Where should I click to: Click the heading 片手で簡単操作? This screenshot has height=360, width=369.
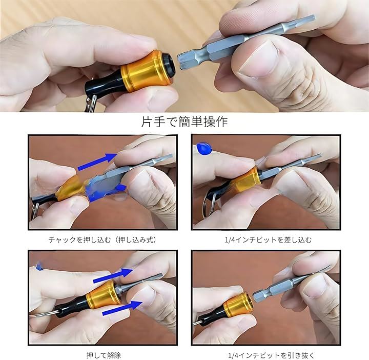[184, 122]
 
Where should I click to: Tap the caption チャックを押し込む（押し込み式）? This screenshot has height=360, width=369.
[102, 240]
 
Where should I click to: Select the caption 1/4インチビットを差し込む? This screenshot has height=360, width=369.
[269, 240]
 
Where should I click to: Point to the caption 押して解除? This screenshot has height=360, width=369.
[104, 355]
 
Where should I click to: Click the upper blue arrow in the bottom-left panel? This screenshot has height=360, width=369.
[113, 275]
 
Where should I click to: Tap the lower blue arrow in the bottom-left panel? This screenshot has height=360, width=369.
[122, 308]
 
